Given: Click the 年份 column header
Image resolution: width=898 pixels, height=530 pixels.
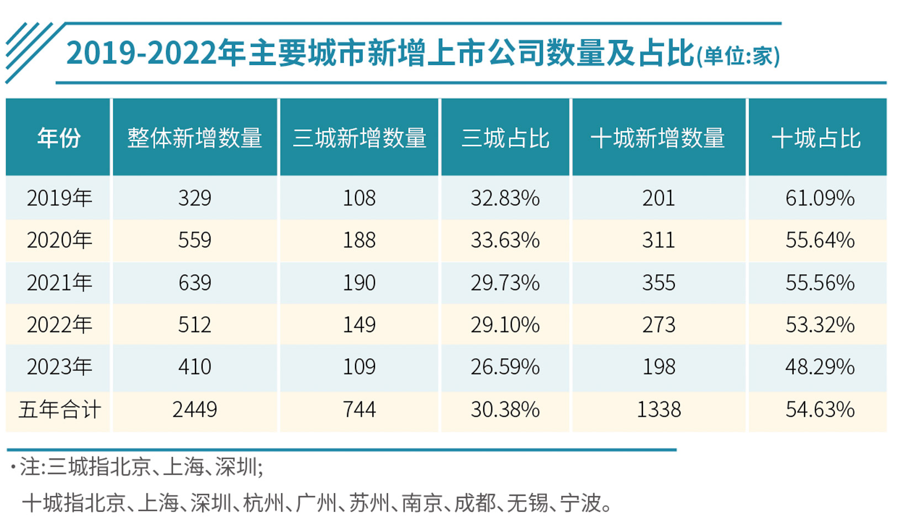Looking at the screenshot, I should pyautogui.click(x=59, y=137).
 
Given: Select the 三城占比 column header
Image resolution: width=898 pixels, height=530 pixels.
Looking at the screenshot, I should pyautogui.click(x=505, y=138).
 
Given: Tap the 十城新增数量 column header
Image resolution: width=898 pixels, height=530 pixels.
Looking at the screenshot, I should pyautogui.click(x=658, y=138).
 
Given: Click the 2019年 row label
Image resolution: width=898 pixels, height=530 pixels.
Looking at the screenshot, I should pyautogui.click(x=59, y=198).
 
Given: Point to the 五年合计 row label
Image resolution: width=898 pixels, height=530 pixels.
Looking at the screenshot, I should pyautogui.click(x=59, y=410).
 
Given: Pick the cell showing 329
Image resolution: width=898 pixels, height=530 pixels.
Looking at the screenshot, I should pyautogui.click(x=194, y=198).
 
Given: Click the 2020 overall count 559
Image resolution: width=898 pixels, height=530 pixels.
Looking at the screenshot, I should pyautogui.click(x=194, y=240).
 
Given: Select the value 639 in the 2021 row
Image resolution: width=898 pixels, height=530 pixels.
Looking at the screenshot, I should pyautogui.click(x=194, y=283).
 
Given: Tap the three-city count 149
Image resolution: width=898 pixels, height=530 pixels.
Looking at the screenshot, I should pyautogui.click(x=359, y=325).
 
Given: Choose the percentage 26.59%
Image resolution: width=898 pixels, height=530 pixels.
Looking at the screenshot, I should pyautogui.click(x=505, y=367).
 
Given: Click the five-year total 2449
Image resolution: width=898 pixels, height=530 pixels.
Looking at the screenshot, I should pyautogui.click(x=194, y=410).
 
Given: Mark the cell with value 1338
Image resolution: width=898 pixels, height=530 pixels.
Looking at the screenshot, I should pyautogui.click(x=658, y=410).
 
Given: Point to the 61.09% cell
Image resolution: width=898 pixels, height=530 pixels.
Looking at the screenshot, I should pyautogui.click(x=820, y=198).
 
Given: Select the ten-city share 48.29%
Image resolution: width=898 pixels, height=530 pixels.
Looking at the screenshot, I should pyautogui.click(x=820, y=367).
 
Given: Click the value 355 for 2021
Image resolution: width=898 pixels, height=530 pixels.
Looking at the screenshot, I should pyautogui.click(x=658, y=283).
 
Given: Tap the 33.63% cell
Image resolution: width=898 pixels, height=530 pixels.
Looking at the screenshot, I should pyautogui.click(x=505, y=240).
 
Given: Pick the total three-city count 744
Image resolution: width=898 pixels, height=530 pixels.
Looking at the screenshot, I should pyautogui.click(x=359, y=410).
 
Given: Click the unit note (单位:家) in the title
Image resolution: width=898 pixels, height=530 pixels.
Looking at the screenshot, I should pyautogui.click(x=738, y=56).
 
